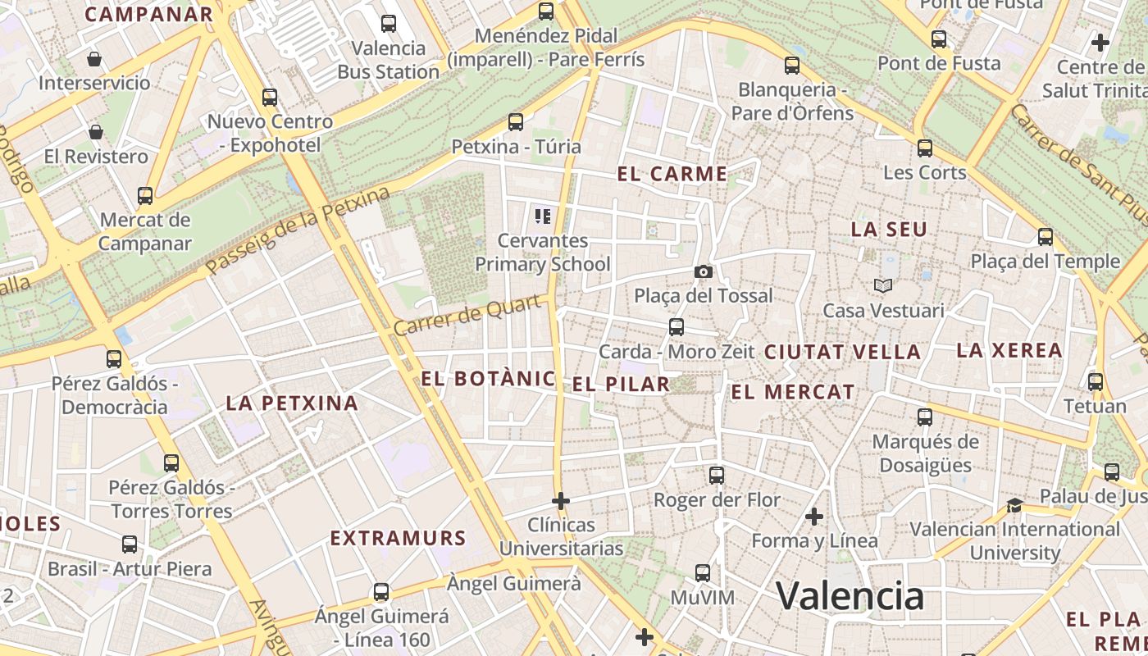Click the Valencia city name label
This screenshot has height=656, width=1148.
pos(850,595)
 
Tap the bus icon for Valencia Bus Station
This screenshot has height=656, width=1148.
pos(389,24)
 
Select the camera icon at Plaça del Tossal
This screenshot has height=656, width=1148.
pos(703,271)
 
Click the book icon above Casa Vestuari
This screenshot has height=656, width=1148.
pos(883,285)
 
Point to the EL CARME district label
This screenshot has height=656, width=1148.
pos(672,174)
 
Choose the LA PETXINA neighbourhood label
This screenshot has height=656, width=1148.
pos(292,403)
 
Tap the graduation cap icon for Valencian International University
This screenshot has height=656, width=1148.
pos(1015,504)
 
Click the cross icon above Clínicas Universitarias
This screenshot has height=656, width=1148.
pos(561,500)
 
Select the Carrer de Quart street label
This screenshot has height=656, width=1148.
pos(467,316)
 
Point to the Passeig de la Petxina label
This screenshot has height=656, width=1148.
pos(298,231)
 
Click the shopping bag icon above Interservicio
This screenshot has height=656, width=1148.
pos(94,59)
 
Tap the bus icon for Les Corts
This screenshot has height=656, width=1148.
pos(925,148)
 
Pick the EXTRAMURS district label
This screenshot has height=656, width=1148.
pos(398,538)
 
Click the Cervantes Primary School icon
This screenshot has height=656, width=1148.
pos(542,216)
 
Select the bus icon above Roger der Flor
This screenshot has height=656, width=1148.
pos(717,475)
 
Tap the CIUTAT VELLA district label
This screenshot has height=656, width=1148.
pos(842,352)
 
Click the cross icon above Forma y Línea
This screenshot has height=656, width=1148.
pos(814,517)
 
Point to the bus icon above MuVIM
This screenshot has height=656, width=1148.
pos(703,572)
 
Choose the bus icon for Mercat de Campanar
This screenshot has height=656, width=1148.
pos(145,196)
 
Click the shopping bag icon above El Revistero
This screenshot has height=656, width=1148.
pos(96,132)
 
